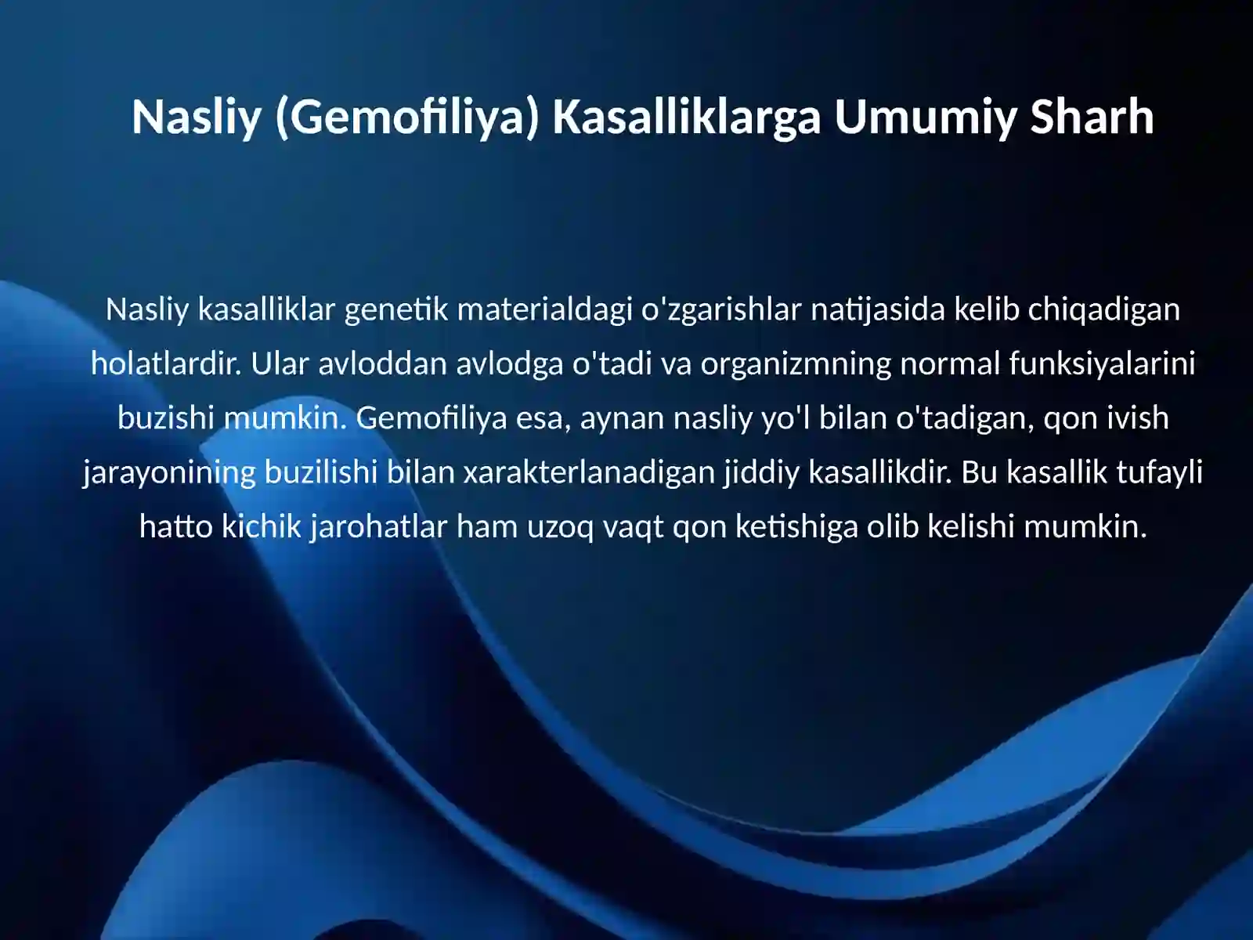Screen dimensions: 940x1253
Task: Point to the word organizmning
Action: point(795,364)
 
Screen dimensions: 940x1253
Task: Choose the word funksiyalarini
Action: point(1102,364)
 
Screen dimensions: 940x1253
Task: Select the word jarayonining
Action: point(169,473)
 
